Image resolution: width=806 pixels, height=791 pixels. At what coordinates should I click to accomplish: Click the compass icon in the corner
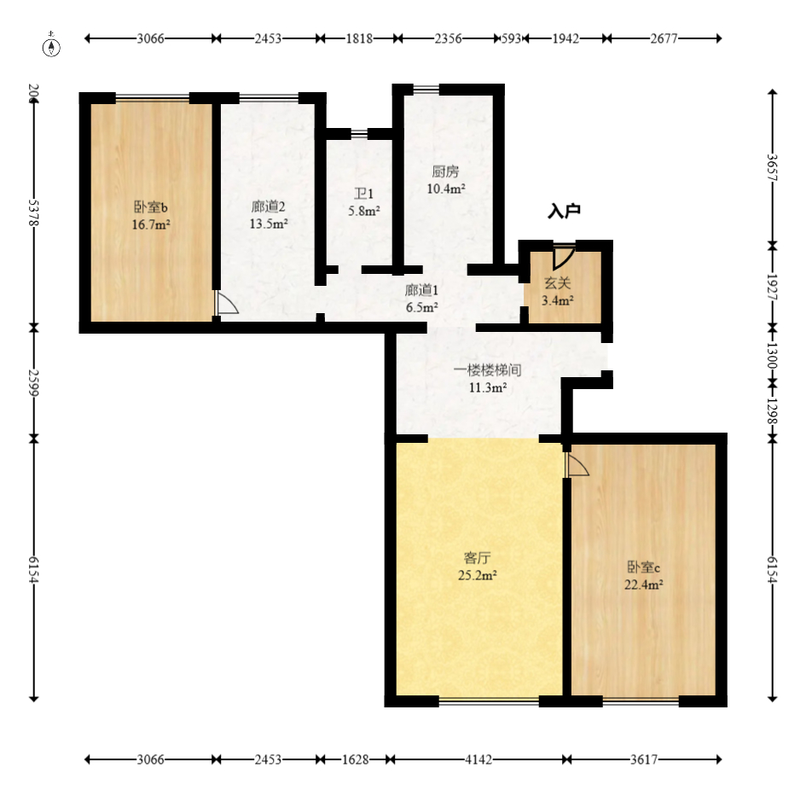(x=52, y=46)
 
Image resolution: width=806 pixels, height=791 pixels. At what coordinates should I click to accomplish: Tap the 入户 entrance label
(x=564, y=210)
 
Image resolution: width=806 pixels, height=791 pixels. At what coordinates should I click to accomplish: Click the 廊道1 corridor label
(x=421, y=289)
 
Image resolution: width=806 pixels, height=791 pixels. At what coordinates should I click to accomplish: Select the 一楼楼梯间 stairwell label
(x=487, y=370)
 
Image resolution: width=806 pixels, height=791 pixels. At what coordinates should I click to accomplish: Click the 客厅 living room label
(x=477, y=558)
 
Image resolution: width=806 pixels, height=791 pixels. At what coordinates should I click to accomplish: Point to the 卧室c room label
(x=644, y=567)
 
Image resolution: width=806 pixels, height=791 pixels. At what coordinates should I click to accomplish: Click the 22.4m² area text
(x=644, y=585)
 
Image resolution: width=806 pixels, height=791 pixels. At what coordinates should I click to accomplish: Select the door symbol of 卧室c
(x=577, y=464)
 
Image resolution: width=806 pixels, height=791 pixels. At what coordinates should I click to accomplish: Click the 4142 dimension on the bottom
(x=480, y=759)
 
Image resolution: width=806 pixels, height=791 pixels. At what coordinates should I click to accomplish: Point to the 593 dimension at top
(x=512, y=38)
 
